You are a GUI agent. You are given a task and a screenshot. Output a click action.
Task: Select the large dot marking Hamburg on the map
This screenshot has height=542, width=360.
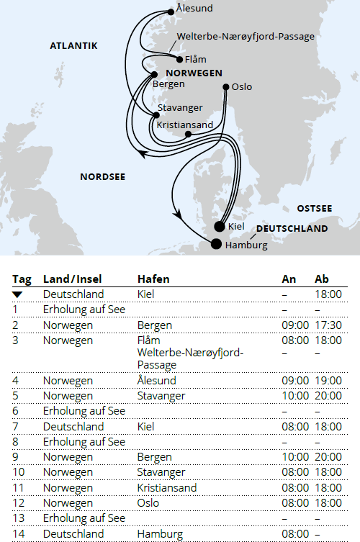pos(216,243)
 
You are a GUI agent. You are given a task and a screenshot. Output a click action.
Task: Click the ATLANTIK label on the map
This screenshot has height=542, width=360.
pos(73,46)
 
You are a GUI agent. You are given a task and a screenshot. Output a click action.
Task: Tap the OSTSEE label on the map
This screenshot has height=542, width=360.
pos(315,208)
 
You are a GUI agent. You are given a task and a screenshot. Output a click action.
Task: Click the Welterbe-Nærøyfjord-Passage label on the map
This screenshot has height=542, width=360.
pos(246,36)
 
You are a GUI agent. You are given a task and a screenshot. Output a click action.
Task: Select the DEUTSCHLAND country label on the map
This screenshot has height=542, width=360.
pos(292,229)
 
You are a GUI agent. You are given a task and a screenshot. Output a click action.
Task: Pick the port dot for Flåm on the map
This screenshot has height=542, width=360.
pos(179,59)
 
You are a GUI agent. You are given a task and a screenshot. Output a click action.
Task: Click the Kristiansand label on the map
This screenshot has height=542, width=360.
pos(185,125)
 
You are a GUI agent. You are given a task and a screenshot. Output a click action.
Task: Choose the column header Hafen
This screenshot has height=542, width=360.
pos(153,279)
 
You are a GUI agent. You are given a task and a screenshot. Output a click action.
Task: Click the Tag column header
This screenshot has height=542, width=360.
pos(22,279)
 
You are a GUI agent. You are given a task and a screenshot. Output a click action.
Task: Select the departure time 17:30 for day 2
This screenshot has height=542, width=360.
pos(328,325)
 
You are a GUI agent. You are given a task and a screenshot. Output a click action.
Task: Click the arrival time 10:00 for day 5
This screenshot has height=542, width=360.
pos(296,395)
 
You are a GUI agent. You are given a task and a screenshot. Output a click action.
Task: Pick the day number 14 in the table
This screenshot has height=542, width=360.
pos(18,533)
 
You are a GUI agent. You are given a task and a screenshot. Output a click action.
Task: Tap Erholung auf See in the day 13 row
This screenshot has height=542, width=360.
pos(84,518)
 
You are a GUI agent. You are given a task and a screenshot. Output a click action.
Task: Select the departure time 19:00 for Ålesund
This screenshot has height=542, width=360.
pos(328,380)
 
